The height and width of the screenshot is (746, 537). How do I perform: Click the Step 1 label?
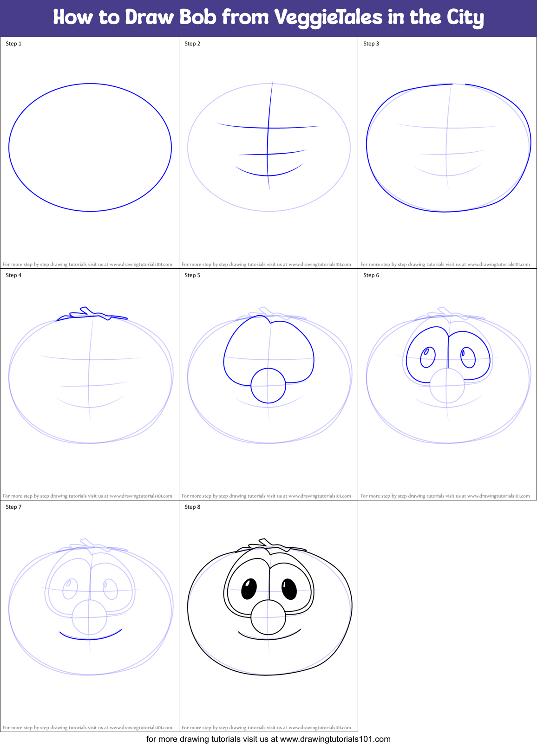[13, 44]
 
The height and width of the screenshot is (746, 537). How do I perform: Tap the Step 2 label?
[192, 44]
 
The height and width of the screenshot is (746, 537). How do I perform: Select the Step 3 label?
[371, 44]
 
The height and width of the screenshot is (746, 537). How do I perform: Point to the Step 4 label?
[13, 275]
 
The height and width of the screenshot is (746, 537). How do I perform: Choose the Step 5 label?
[192, 275]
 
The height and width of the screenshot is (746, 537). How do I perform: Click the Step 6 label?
[371, 275]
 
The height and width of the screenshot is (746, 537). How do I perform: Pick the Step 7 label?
[13, 507]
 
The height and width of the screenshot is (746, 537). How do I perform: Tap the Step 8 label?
[192, 507]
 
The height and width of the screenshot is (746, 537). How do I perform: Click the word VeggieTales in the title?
[328, 18]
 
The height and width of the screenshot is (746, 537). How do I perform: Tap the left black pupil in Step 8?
[249, 589]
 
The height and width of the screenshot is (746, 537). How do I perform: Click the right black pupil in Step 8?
[289, 589]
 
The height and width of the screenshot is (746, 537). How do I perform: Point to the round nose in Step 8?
[268, 617]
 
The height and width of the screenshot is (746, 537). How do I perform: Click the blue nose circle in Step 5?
[268, 386]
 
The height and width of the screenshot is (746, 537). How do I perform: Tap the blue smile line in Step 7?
[91, 637]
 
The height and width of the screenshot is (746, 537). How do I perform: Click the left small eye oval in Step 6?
[428, 357]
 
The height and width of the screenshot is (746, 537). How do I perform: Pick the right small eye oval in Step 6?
[468, 357]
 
